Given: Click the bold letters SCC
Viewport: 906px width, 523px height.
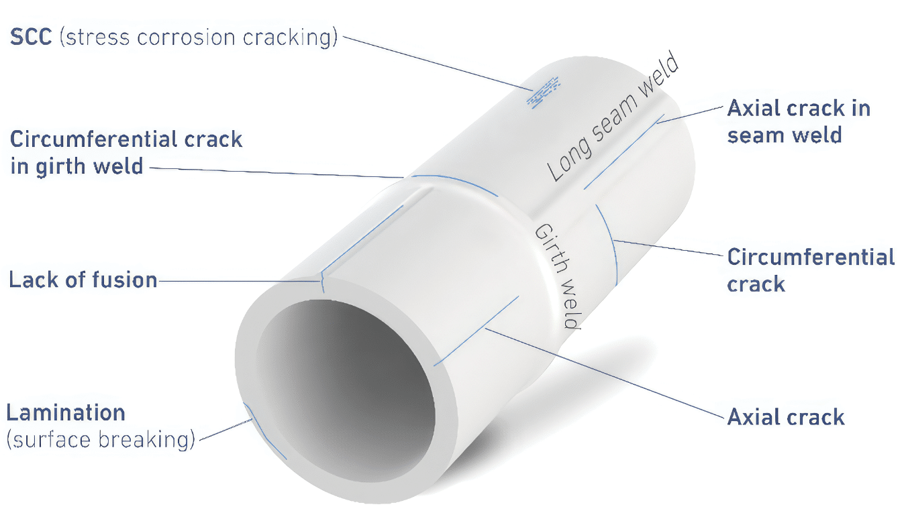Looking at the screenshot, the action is (x=31, y=37).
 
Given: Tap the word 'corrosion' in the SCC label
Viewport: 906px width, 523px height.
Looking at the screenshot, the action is (x=186, y=38).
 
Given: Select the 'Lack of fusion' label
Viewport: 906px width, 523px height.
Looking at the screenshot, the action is (x=83, y=280).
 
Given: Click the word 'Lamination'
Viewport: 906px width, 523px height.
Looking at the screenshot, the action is (x=66, y=412).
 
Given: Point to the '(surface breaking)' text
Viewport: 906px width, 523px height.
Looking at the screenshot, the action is (x=101, y=440).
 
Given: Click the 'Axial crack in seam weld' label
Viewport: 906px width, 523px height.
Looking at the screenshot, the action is (x=799, y=121).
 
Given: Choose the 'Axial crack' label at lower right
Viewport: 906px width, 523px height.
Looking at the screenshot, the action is (x=786, y=416).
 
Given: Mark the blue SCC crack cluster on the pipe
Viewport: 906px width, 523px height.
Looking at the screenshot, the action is (x=544, y=93).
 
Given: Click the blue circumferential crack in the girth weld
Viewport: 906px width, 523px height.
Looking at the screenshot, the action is (x=455, y=182).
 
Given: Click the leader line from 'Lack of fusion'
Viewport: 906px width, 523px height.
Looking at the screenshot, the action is (x=239, y=281).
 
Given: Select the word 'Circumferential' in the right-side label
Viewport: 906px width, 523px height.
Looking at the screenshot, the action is (x=811, y=257).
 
